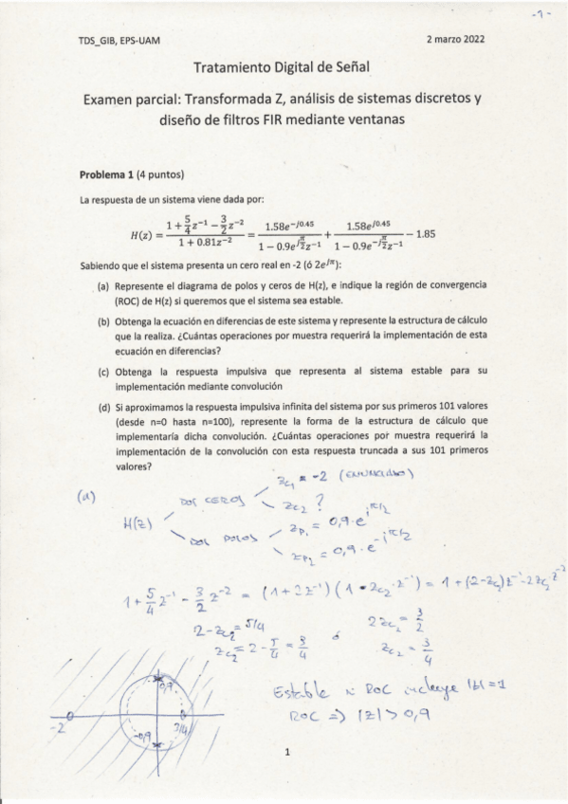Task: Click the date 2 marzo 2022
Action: [x=455, y=41]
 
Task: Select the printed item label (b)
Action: [x=103, y=322]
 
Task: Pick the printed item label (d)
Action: [x=103, y=408]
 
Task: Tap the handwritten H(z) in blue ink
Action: [x=141, y=525]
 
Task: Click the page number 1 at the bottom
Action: [x=284, y=755]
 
